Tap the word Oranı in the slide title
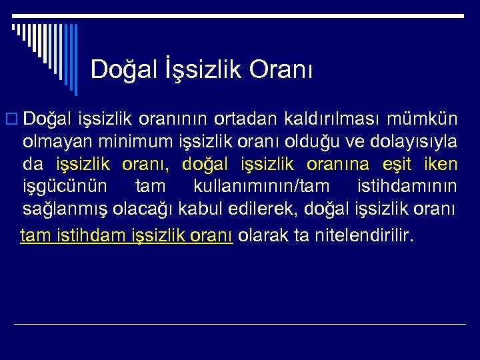281,69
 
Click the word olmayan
59,142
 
